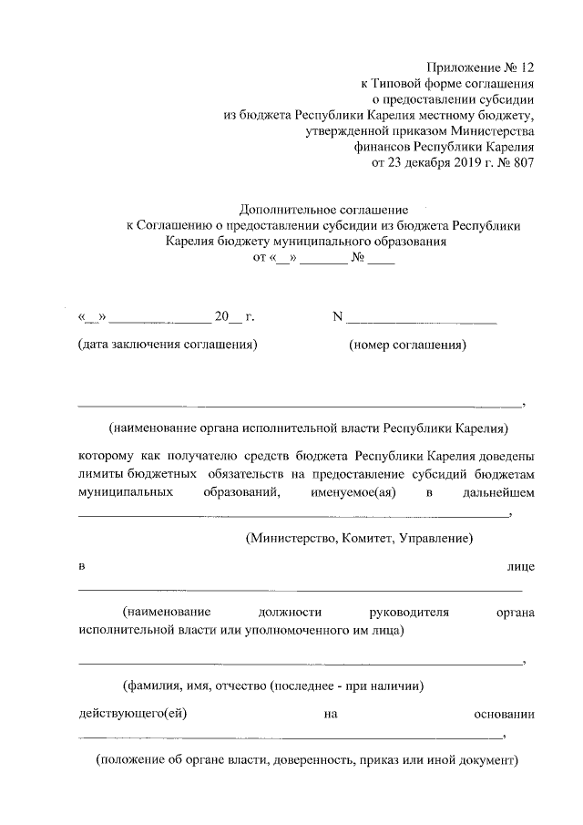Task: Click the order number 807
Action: [x=523, y=164]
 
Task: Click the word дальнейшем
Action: [x=497, y=492]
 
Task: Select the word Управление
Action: [x=437, y=539]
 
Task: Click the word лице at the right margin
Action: [x=520, y=567]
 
